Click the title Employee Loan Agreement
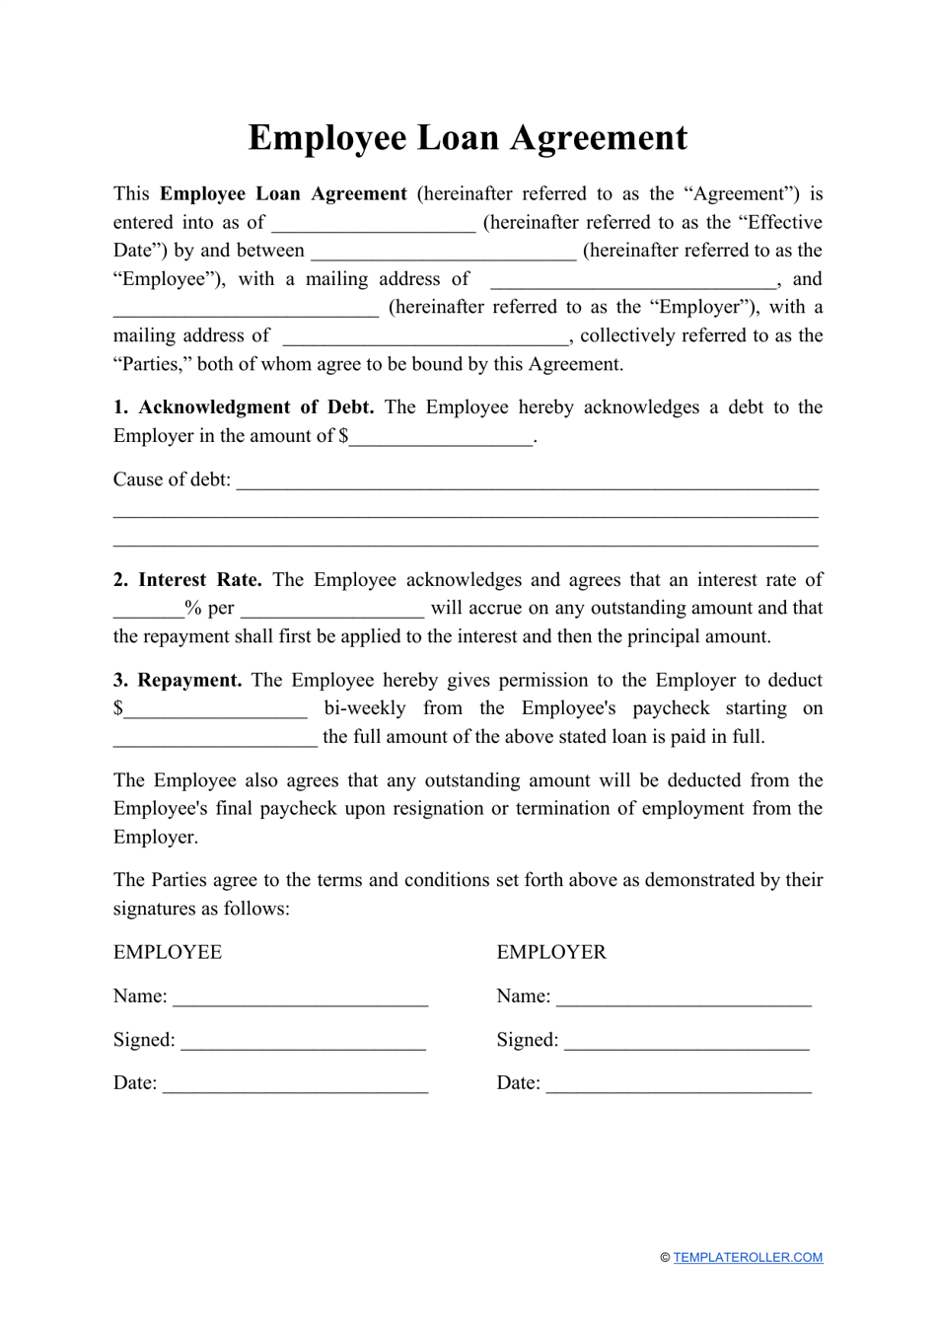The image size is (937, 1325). click(468, 138)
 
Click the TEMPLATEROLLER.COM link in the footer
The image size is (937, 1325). click(748, 1257)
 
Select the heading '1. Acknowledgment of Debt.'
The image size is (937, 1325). click(244, 407)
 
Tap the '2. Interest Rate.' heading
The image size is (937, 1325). click(187, 580)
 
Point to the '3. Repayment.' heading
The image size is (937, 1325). click(178, 680)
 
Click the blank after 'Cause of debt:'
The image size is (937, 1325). click(527, 481)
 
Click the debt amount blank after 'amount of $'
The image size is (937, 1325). click(441, 437)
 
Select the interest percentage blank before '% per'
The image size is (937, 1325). click(148, 609)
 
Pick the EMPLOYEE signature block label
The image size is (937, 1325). click(168, 952)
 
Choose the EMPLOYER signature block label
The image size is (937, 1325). click(551, 952)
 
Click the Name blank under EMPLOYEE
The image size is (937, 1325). click(300, 997)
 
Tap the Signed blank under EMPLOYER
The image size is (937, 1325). click(686, 1041)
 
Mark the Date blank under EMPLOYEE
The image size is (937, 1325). click(295, 1084)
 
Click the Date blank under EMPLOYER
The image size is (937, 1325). click(679, 1084)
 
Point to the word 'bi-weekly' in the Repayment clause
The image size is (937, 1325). click(365, 708)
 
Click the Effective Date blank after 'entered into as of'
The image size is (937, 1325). click(374, 224)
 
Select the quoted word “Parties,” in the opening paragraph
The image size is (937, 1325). click(152, 364)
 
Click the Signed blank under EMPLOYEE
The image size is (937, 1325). click(303, 1041)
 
